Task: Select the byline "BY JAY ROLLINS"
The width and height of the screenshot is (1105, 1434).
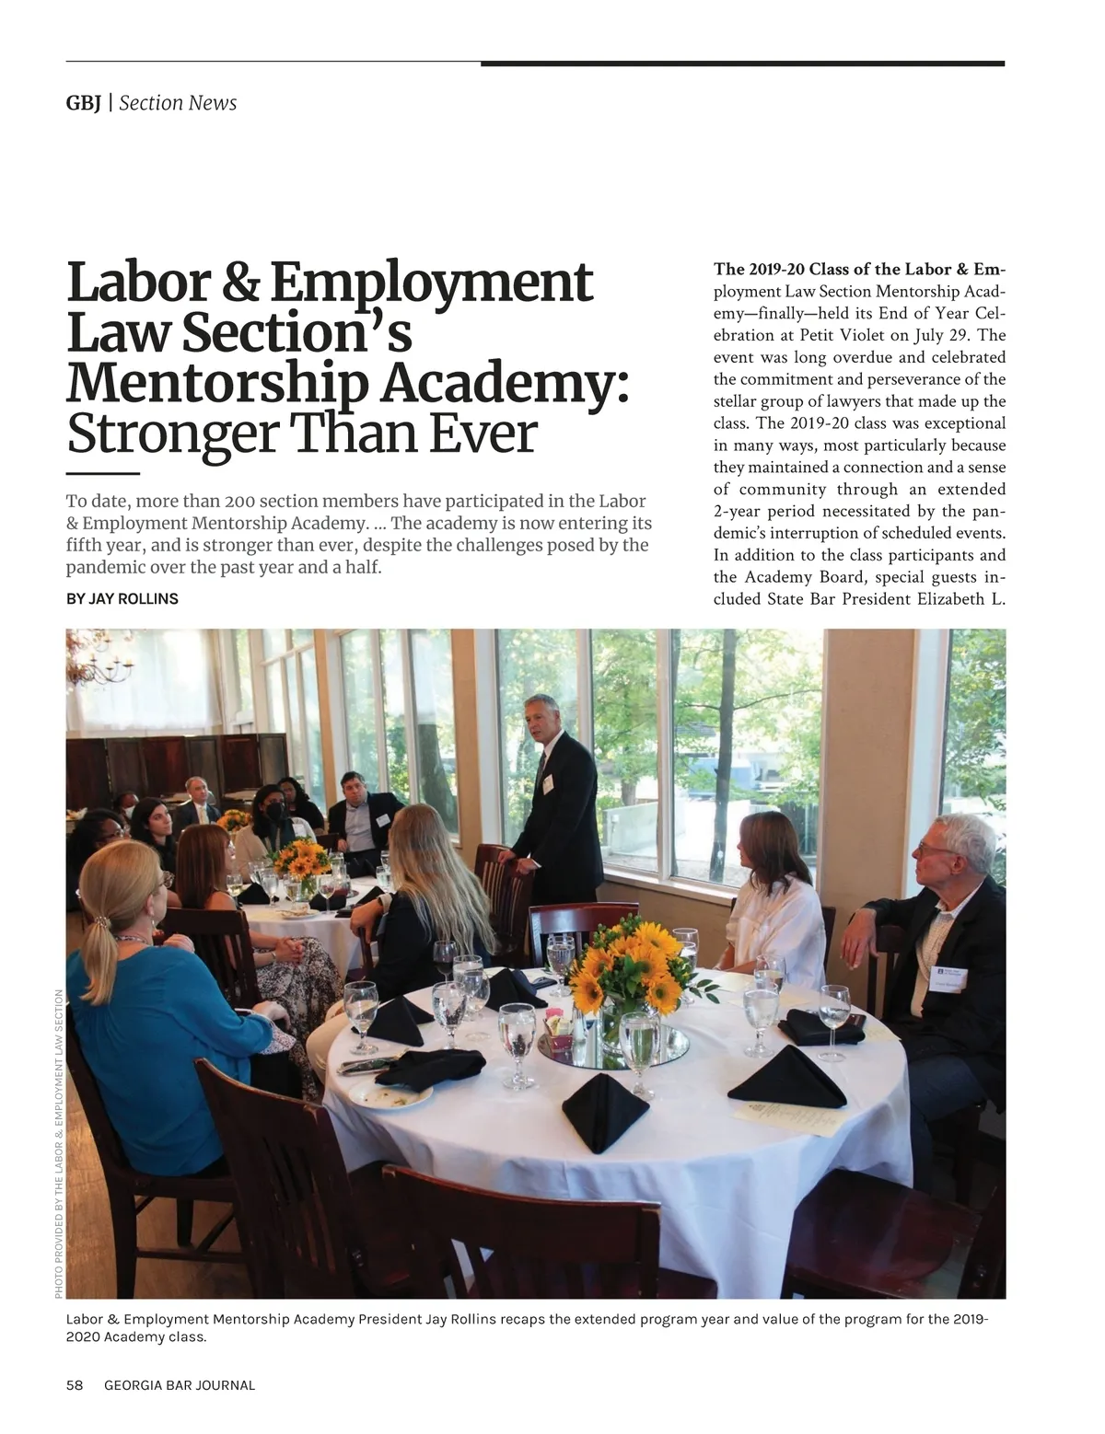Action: point(122,599)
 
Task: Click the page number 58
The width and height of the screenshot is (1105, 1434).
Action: point(75,1385)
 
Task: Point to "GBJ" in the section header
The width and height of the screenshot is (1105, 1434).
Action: point(84,103)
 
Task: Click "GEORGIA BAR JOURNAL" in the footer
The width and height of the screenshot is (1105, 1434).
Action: point(180,1385)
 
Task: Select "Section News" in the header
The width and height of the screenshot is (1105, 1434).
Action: point(178,103)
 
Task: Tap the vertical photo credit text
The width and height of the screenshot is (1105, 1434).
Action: point(58,1144)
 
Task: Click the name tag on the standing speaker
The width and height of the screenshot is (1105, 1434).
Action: point(547,782)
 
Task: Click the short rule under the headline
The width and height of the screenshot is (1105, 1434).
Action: point(102,473)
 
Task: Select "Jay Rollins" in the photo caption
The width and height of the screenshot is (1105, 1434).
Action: point(460,1319)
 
